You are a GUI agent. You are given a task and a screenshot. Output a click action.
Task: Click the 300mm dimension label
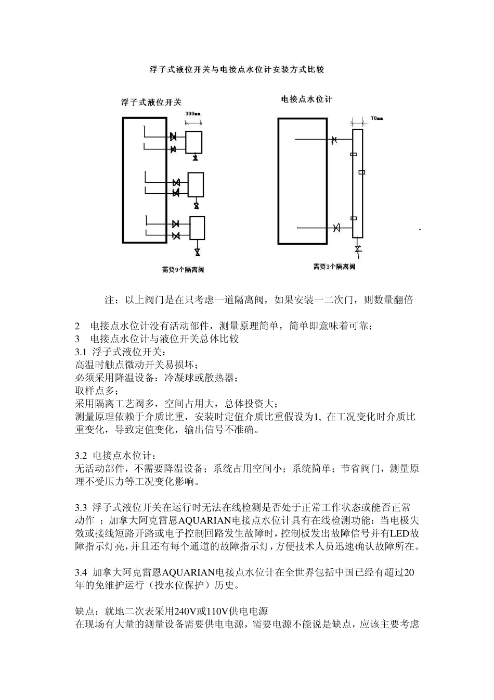tap(192, 113)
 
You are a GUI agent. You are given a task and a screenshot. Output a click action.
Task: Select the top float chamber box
tap(193, 141)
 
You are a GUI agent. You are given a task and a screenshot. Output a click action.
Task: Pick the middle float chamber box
tap(196, 184)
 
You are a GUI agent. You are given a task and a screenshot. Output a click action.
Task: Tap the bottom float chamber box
tap(197, 228)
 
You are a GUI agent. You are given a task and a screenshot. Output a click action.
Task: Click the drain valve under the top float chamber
tap(195, 158)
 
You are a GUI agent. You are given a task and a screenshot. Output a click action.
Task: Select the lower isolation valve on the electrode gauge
tap(336, 228)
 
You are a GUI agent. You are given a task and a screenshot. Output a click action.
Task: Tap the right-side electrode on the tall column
tap(362, 172)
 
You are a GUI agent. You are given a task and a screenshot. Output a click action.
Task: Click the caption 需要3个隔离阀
tap(333, 267)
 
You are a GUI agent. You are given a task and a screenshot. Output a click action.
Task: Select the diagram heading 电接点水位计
tap(306, 99)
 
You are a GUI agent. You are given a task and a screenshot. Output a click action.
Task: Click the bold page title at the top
tap(237, 69)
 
